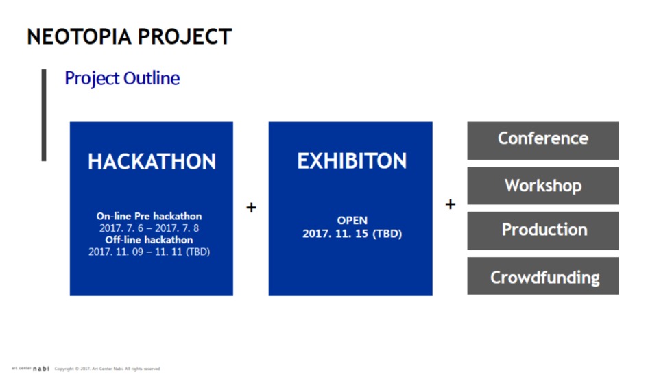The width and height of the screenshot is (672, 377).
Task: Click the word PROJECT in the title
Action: coord(184,36)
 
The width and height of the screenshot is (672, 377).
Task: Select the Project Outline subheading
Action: coord(122,78)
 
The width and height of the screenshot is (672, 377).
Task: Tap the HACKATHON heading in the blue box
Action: coord(152,162)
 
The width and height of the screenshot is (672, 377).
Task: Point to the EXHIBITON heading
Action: coord(352,161)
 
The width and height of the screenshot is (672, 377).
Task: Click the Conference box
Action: coord(542,141)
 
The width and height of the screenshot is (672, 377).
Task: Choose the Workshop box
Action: coord(542,186)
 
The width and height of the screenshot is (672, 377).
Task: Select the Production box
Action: coord(542,230)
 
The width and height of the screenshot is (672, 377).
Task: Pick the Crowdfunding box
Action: coord(542,276)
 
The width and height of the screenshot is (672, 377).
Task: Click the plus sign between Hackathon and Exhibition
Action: coord(251,208)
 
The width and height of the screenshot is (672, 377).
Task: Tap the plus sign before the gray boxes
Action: coord(450,204)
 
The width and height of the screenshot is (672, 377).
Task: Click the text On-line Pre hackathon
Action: coord(149,216)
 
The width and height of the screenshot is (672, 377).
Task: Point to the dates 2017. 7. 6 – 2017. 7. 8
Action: coord(149,228)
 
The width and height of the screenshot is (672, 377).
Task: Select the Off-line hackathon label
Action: coord(149,239)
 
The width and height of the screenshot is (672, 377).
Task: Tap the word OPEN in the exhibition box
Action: coord(352,221)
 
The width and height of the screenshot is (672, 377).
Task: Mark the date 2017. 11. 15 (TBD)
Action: coord(352,234)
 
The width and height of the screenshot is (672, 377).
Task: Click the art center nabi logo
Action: coord(30,369)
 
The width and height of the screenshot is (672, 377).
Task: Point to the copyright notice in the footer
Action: coord(107,369)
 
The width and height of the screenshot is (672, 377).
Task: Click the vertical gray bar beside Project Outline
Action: coord(44,115)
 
